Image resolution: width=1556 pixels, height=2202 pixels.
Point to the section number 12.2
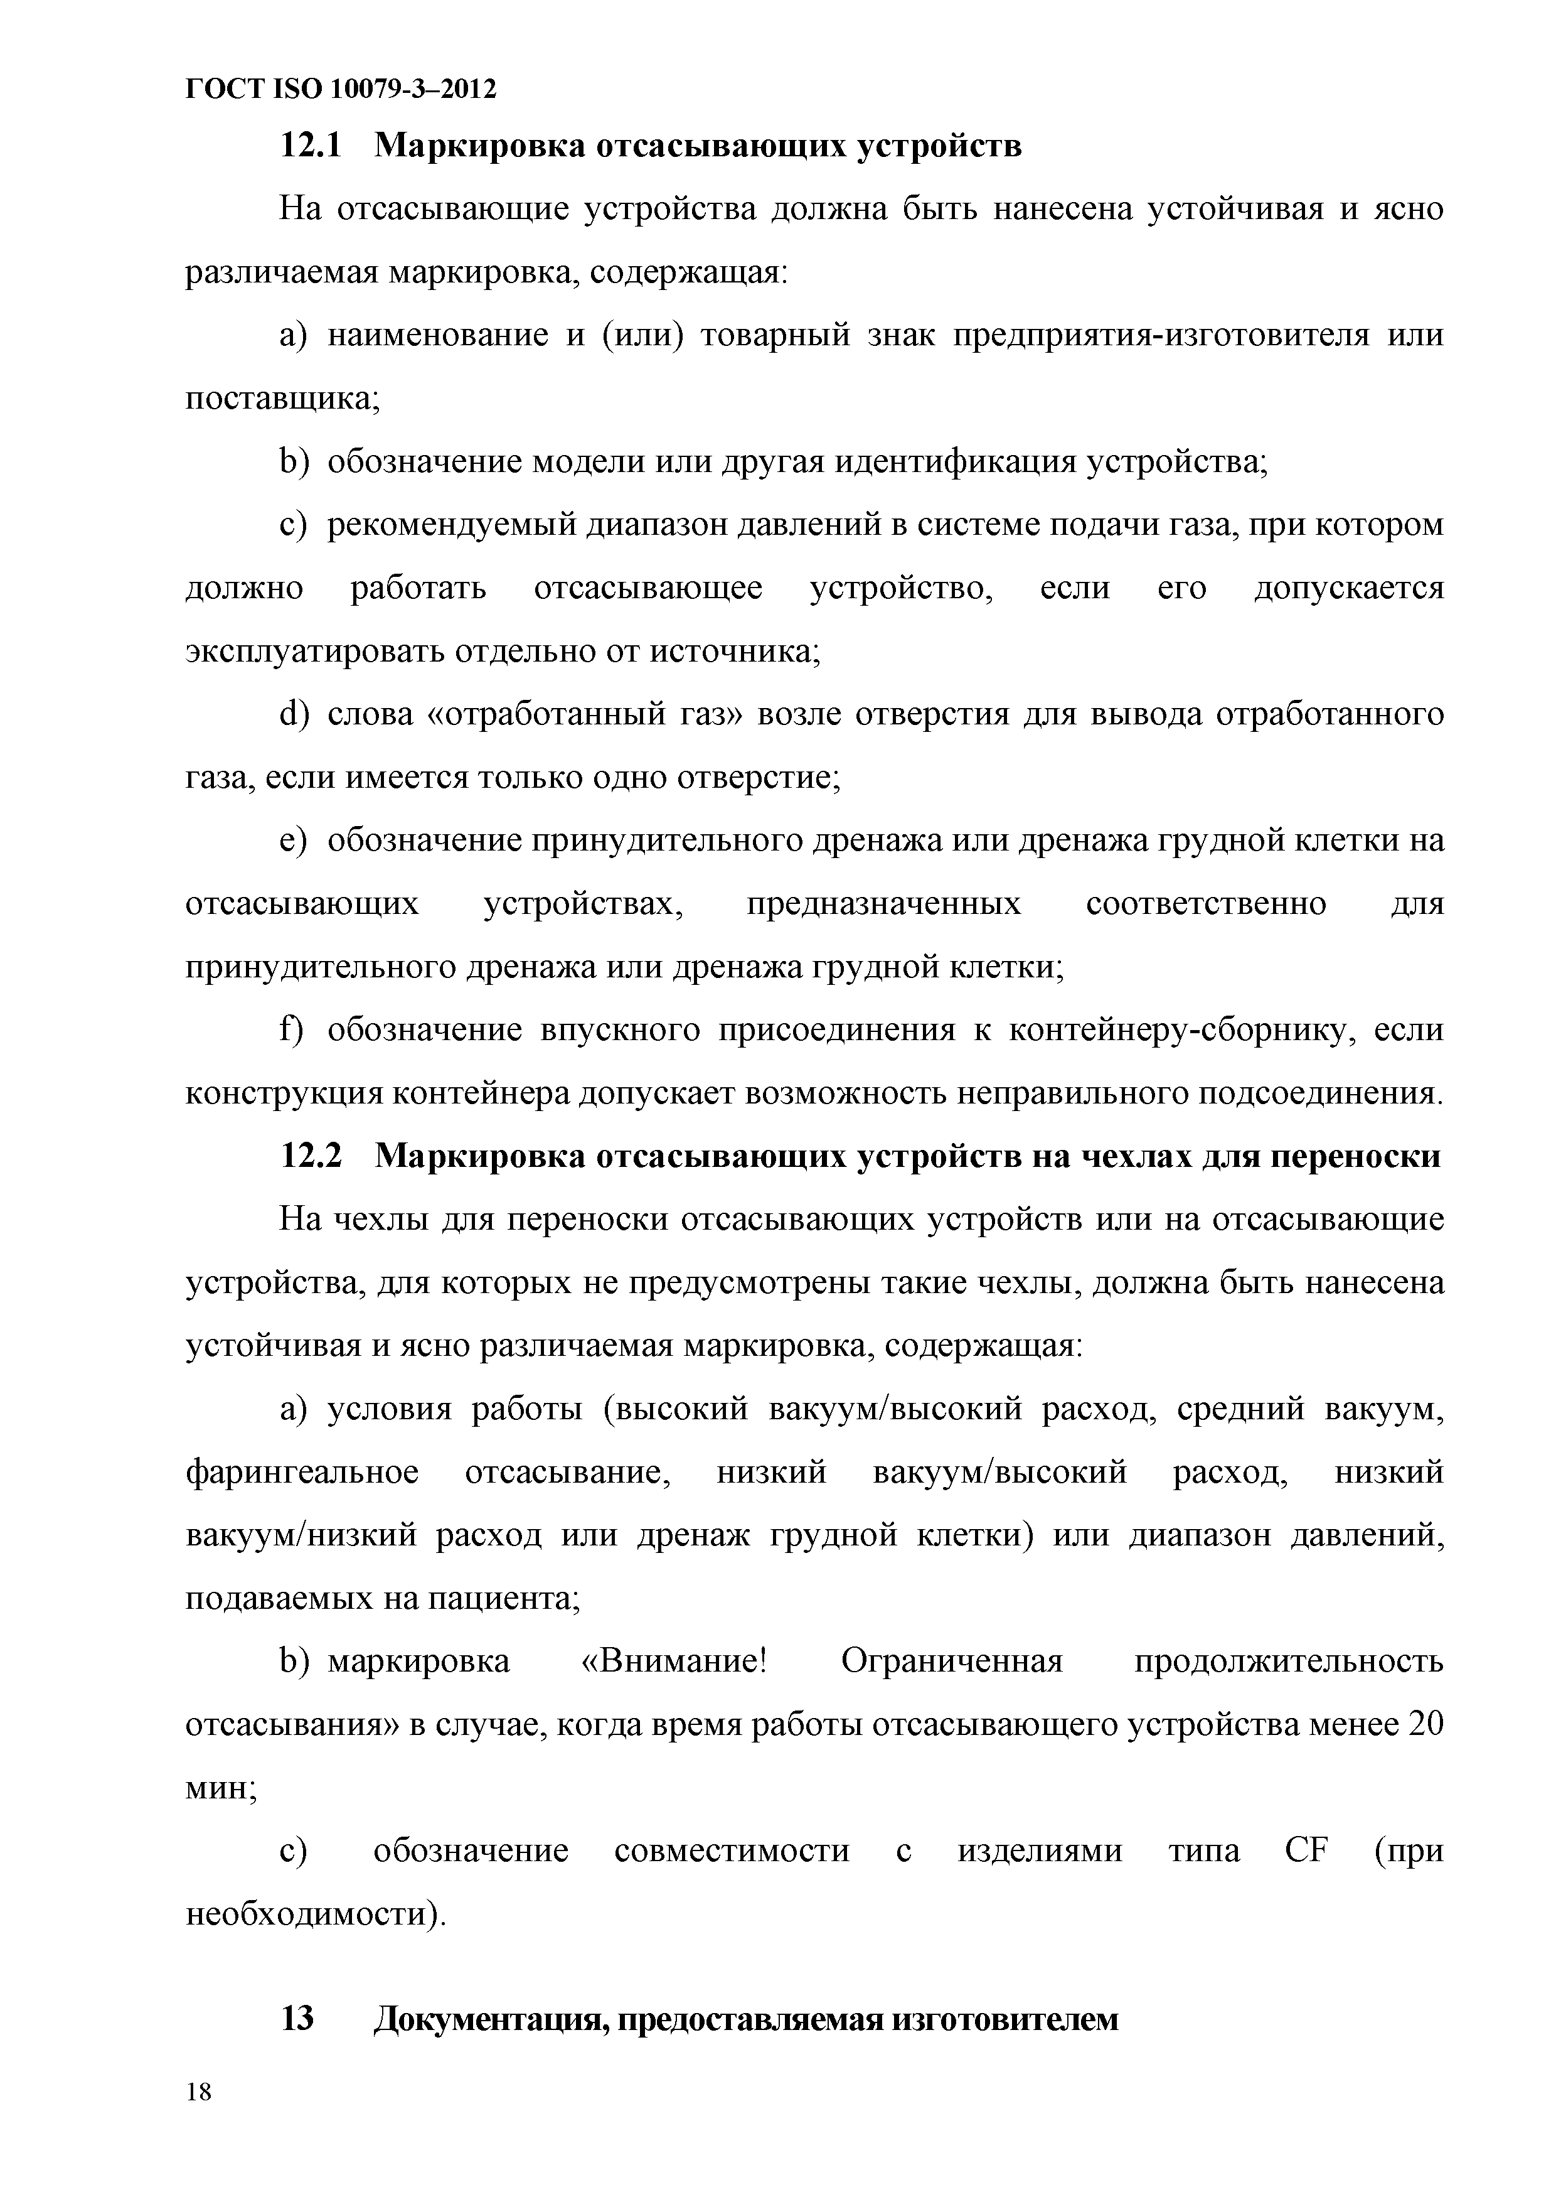[310, 1157]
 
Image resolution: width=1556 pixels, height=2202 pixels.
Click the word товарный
[775, 336]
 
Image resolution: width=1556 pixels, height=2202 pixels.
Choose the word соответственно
[1206, 905]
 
